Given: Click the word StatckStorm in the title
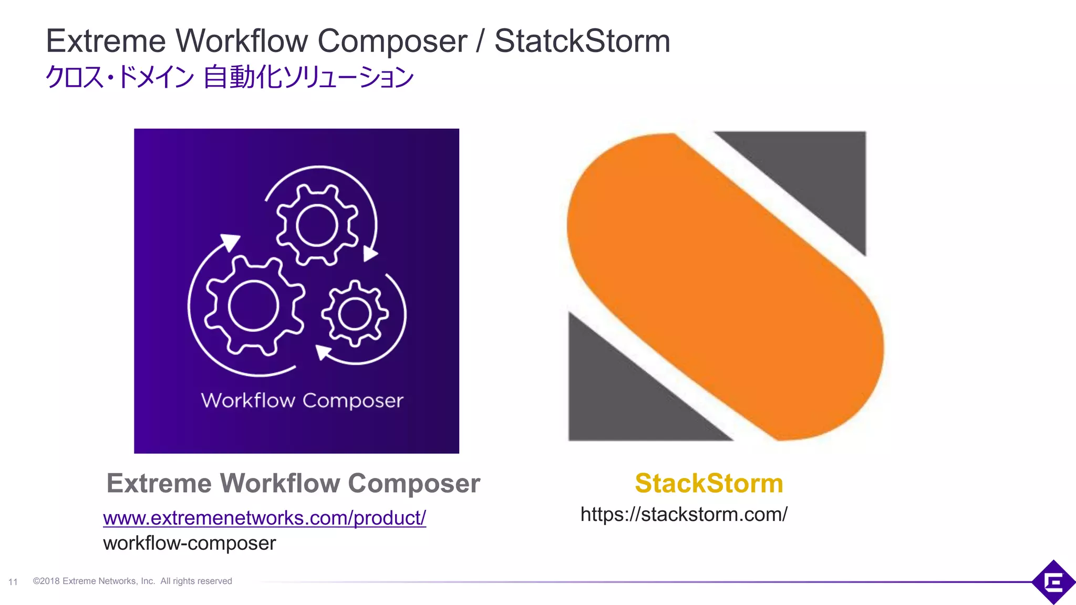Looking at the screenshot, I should click(x=582, y=41).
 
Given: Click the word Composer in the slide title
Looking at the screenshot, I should click(x=392, y=41).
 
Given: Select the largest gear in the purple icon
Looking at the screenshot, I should click(x=254, y=305).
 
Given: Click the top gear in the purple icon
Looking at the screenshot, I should click(x=317, y=225).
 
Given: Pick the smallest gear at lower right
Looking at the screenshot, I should click(x=355, y=314).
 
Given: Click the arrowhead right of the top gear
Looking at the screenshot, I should click(x=370, y=254).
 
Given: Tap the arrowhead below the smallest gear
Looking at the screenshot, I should click(x=323, y=352).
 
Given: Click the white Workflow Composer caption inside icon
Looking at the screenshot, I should click(x=302, y=401).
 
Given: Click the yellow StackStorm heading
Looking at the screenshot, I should click(x=709, y=483).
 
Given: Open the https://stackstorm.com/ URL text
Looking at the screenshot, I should click(x=684, y=514).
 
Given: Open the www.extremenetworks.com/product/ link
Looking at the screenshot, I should click(x=264, y=518).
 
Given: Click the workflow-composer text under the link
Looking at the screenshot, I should click(x=189, y=543).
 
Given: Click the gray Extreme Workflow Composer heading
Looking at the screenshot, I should click(x=293, y=483).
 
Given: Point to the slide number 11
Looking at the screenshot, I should click(x=13, y=582).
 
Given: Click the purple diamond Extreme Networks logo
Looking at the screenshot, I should click(x=1053, y=582).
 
